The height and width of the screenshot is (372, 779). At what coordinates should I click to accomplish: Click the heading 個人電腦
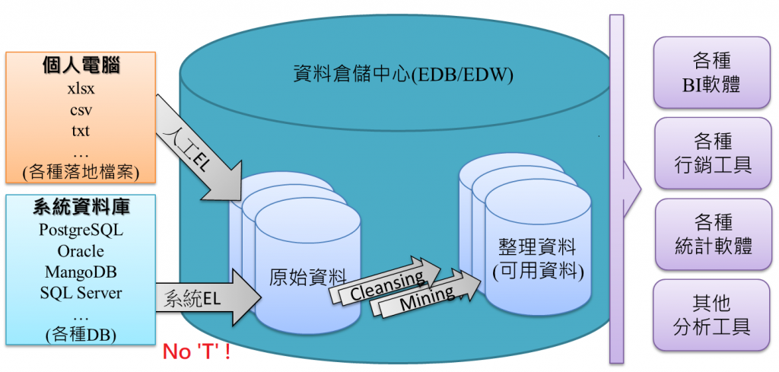(x=81, y=66)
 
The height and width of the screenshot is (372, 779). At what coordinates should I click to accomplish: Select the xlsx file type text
(x=81, y=88)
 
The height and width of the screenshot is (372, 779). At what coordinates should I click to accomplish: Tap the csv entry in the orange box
(x=81, y=110)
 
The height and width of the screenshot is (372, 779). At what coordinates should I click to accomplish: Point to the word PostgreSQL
(x=81, y=230)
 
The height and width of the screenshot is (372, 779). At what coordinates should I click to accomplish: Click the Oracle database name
(x=81, y=250)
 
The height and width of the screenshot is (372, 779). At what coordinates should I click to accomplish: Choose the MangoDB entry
(x=81, y=272)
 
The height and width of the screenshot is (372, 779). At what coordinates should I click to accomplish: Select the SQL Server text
(x=81, y=292)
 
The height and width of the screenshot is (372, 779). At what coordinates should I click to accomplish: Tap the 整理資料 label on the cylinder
(x=537, y=247)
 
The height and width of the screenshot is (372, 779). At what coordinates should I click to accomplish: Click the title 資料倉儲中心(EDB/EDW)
(x=403, y=75)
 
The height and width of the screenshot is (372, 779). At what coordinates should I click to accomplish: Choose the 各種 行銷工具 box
(x=712, y=152)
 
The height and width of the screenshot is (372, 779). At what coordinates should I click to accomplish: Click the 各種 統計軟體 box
(x=712, y=234)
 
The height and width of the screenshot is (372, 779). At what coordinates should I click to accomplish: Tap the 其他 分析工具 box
(x=712, y=315)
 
